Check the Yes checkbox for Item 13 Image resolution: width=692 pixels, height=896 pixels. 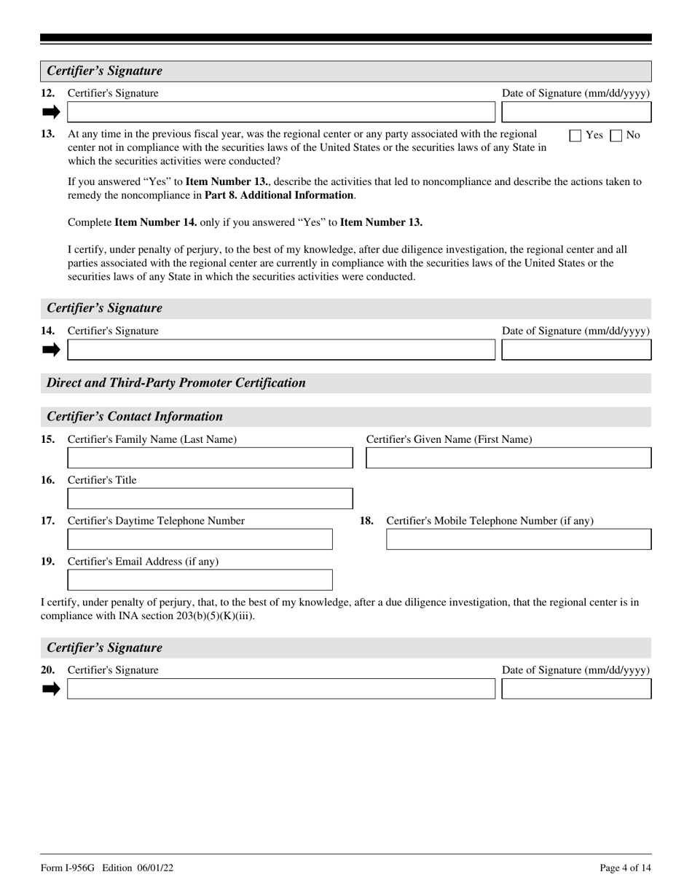pyautogui.click(x=575, y=135)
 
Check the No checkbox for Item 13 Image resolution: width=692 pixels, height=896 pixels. pyautogui.click(x=616, y=135)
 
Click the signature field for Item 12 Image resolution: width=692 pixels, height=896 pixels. pyautogui.click(x=280, y=112)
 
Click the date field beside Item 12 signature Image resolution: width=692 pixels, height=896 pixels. pyautogui.click(x=577, y=112)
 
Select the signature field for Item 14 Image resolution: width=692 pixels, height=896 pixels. pyautogui.click(x=280, y=350)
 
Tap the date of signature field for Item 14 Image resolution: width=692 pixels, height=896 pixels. pyautogui.click(x=577, y=350)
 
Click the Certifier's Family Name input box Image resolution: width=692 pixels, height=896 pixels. pyautogui.click(x=210, y=458)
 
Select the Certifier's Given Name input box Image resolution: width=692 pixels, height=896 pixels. pyautogui.click(x=508, y=458)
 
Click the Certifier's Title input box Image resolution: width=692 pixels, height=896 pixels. pyautogui.click(x=210, y=499)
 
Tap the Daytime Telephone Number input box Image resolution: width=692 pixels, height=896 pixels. pyautogui.click(x=200, y=540)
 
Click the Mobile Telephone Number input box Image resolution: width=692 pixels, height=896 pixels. pyautogui.click(x=519, y=540)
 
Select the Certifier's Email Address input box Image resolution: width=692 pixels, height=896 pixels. pyautogui.click(x=200, y=581)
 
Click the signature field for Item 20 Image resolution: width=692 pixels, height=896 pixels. pyautogui.click(x=280, y=689)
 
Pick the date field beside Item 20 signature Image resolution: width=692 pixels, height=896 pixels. pyautogui.click(x=577, y=689)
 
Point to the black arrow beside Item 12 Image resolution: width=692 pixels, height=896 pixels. pyautogui.click(x=51, y=112)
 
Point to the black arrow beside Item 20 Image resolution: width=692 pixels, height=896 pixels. pyautogui.click(x=51, y=689)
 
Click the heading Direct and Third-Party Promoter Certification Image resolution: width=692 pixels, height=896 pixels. pyautogui.click(x=176, y=383)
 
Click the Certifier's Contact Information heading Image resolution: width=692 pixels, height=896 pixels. pyautogui.click(x=135, y=417)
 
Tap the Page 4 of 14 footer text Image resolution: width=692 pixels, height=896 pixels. pyautogui.click(x=625, y=868)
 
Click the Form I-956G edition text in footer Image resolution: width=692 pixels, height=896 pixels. pyautogui.click(x=107, y=868)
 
